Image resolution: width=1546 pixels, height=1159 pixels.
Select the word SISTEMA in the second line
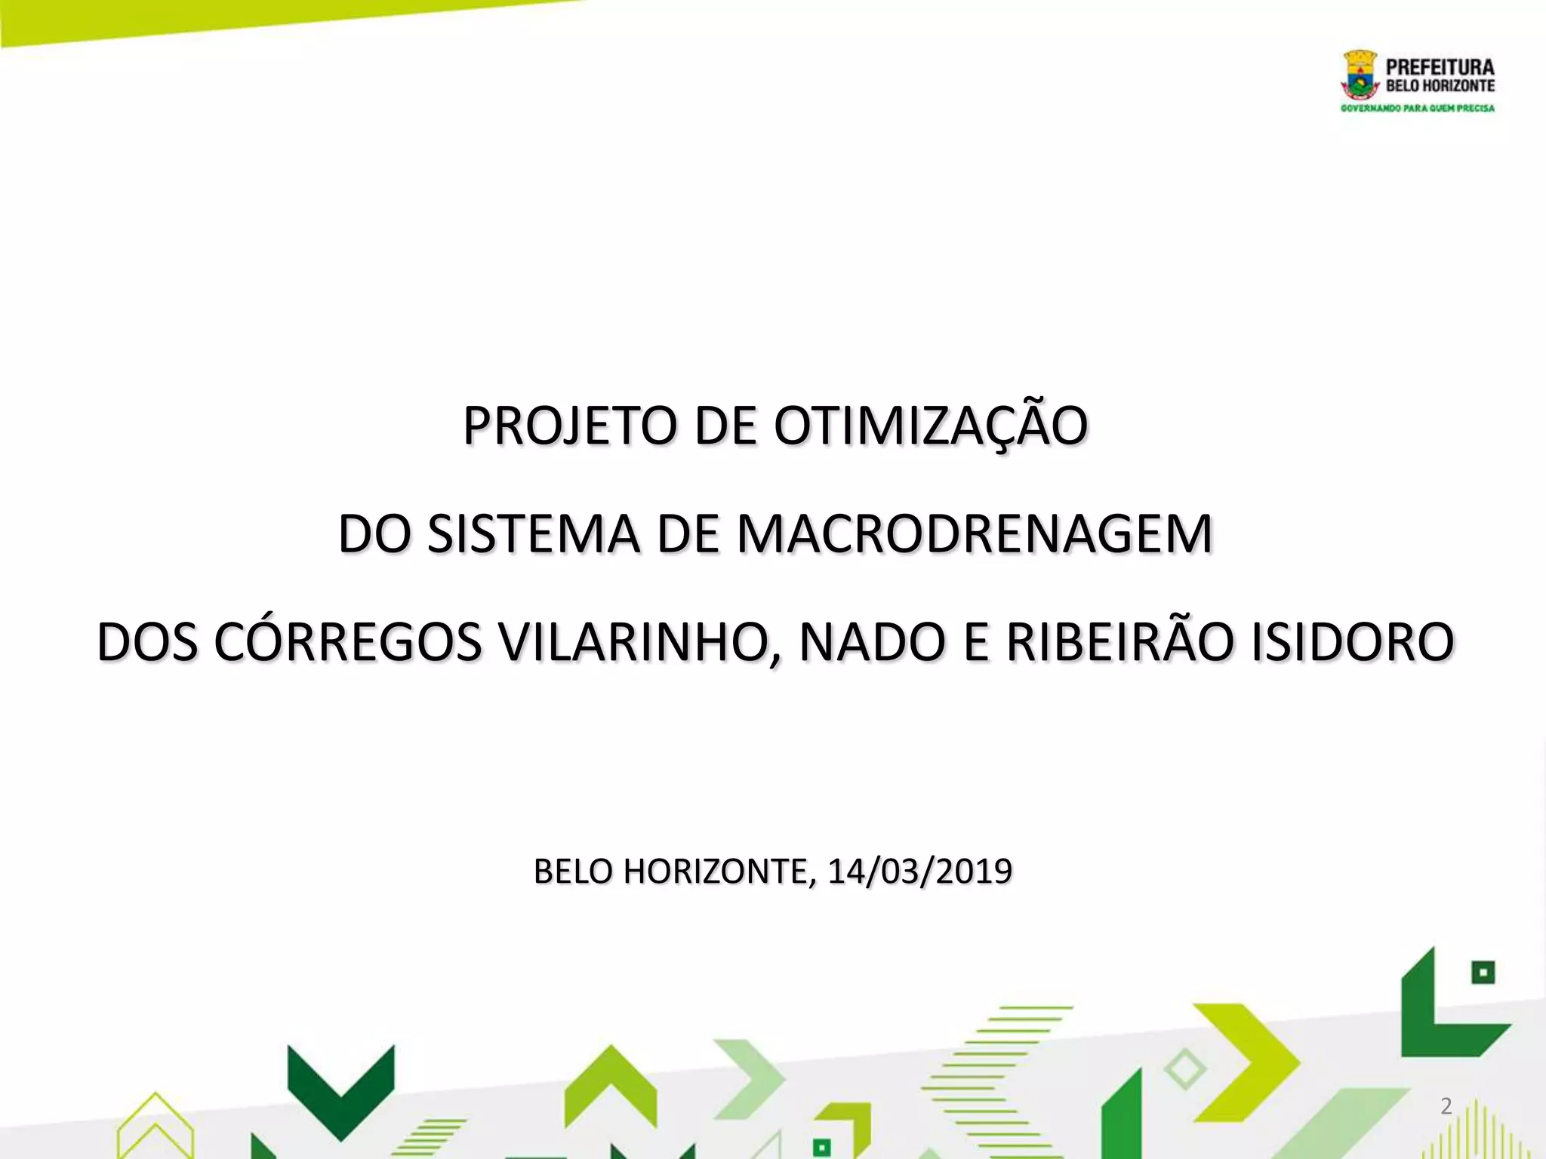533,534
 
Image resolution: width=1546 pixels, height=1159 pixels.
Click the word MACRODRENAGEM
974,534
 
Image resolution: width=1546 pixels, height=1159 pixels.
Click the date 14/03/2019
919,872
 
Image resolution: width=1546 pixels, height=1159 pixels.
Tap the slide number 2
1446,1106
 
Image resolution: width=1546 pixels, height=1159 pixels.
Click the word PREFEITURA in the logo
1440,66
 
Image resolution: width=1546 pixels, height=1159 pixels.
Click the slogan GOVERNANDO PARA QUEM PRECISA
1417,109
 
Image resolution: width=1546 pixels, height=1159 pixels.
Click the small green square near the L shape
1483,973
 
